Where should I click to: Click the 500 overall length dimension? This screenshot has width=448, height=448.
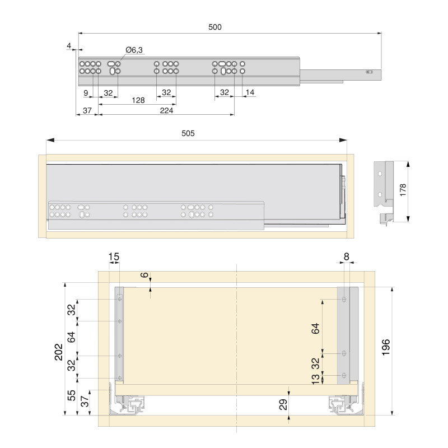(x=214, y=27)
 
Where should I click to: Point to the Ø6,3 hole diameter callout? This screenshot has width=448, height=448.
(x=134, y=50)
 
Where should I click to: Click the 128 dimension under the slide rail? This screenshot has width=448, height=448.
(x=138, y=100)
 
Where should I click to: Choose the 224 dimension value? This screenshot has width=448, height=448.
(x=166, y=111)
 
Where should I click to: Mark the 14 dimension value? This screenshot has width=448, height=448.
(x=250, y=92)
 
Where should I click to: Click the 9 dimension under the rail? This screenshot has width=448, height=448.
(x=86, y=92)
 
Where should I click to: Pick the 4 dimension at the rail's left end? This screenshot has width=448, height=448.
(x=68, y=45)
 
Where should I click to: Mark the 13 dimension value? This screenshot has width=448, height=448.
(x=316, y=379)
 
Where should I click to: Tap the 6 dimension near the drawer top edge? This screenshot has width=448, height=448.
(x=144, y=275)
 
